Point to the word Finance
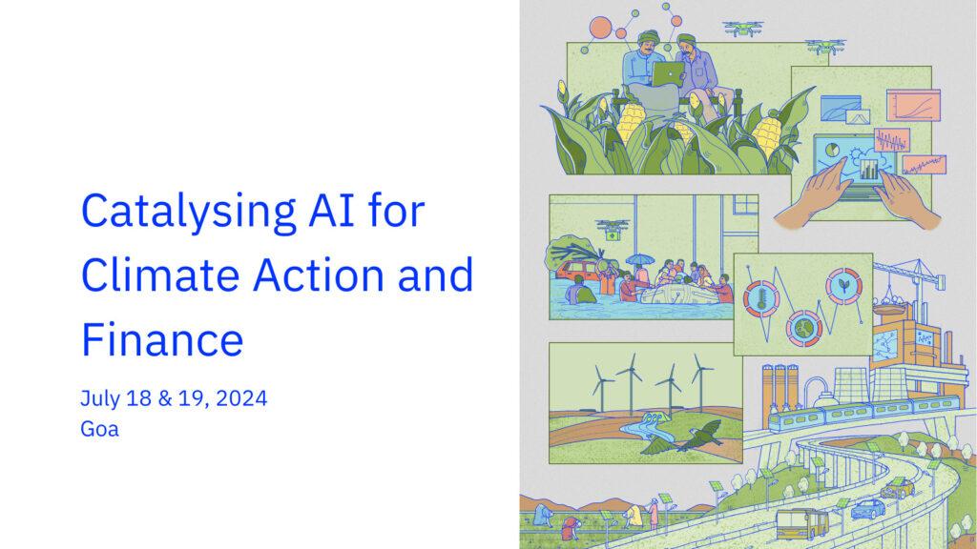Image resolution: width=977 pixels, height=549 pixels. tap(162, 339)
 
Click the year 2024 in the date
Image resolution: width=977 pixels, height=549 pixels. tap(241, 398)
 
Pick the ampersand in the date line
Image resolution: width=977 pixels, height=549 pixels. tap(164, 398)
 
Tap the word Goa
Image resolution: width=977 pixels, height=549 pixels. tap(99, 429)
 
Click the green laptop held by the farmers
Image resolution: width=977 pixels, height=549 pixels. tap(668, 74)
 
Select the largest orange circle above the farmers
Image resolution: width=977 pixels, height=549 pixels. tap(601, 28)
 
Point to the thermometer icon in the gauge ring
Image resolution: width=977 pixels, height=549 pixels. tap(760, 298)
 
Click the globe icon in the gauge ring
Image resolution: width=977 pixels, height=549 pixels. tap(803, 329)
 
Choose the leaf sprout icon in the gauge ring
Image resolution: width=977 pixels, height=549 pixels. tap(843, 286)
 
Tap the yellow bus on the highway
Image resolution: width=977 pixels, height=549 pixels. tap(802, 524)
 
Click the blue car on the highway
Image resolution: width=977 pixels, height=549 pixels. tap(868, 509)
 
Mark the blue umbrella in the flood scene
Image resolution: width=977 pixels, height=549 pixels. tap(639, 259)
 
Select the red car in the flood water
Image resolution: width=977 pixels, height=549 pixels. tap(578, 272)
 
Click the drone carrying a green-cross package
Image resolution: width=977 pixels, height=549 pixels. tap(613, 229)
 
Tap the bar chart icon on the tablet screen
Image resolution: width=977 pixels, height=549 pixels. tap(868, 169)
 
